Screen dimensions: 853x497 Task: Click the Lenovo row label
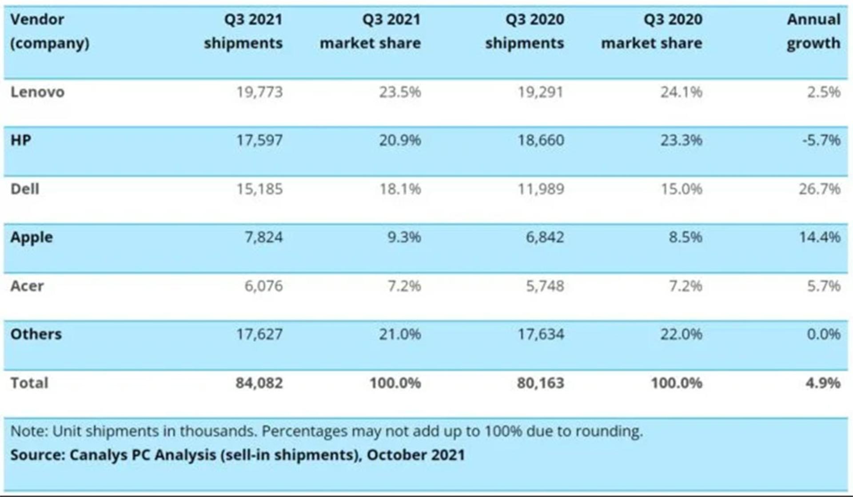[x=37, y=92]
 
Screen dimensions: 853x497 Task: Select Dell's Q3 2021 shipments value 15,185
[x=259, y=189]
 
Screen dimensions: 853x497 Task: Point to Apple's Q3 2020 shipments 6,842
[x=545, y=237]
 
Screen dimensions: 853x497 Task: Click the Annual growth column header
[x=813, y=31]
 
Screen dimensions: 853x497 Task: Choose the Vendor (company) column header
[x=50, y=31]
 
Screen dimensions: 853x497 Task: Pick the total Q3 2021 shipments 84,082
[x=259, y=383]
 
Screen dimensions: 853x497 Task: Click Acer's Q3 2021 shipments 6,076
[x=263, y=286]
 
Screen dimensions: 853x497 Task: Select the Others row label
[x=36, y=334]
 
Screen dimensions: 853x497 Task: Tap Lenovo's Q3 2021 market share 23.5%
[x=400, y=92]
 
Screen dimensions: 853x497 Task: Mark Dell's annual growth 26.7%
[x=820, y=189]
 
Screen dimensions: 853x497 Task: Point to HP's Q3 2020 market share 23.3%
[x=681, y=140]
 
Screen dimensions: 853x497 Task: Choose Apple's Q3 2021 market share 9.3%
[x=404, y=237]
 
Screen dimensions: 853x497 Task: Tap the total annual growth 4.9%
[x=823, y=383]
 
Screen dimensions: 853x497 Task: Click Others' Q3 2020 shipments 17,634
[x=541, y=334]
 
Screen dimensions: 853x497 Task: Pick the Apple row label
[x=32, y=238]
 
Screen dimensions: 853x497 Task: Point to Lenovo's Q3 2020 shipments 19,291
[x=541, y=92]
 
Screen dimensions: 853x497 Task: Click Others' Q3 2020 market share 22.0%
[x=681, y=334]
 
